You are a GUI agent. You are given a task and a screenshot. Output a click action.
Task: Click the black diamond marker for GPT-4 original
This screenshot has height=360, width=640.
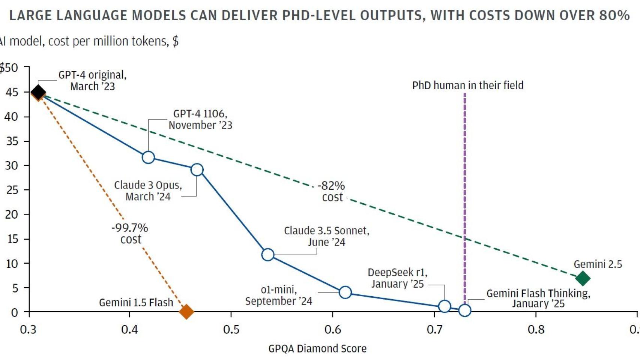pos(38,91)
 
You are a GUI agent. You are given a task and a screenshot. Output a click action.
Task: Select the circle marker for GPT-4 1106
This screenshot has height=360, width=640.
pos(148,157)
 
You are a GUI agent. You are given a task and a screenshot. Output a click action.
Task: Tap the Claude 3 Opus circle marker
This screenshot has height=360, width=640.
pos(197,170)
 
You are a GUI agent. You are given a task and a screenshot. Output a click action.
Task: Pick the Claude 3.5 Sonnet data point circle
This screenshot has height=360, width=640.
pos(268,255)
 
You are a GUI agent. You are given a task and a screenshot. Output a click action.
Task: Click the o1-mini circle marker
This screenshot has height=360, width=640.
pos(345,292)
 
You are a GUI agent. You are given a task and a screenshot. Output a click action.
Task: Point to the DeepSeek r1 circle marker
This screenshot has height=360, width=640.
pos(445,306)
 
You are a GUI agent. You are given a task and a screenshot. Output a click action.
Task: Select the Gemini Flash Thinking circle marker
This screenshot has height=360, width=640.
pos(465,310)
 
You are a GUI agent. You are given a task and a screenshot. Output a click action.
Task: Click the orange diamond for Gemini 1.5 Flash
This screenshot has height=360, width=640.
pos(186,311)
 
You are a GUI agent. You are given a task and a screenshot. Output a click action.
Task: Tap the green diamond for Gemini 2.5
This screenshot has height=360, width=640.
pos(583,278)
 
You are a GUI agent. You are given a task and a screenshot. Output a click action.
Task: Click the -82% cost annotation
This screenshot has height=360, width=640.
pos(332,191)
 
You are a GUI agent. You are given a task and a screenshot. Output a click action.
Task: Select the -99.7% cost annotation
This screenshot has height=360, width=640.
pos(130,233)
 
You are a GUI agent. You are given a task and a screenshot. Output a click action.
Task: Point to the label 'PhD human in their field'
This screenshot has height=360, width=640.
pos(467,85)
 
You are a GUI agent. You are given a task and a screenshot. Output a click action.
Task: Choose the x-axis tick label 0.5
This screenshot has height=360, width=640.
pos(231,329)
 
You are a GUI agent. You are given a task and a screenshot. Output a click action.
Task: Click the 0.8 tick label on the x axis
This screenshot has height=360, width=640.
pos(536,329)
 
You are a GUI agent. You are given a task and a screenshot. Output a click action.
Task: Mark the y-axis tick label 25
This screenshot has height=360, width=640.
pos(12,190)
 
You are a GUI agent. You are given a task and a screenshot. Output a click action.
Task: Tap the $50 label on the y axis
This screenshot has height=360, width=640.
pos(9,68)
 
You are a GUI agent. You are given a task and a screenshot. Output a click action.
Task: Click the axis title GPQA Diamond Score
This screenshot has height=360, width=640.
pos(317,348)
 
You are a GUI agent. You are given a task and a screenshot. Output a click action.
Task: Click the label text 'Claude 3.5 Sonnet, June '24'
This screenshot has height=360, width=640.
pos(326,236)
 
